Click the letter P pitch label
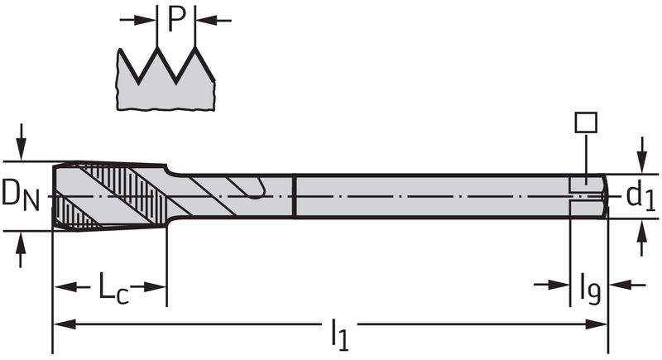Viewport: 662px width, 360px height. (176, 20)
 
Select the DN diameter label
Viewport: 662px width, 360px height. (20, 195)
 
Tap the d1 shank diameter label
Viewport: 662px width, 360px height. (640, 195)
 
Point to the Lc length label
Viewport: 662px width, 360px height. (113, 288)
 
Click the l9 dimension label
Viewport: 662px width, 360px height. (590, 289)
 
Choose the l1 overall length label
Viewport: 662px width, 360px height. (340, 334)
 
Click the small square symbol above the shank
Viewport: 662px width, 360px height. (586, 122)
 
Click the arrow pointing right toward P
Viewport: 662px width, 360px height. (138, 20)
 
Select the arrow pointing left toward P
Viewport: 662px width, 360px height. (213, 20)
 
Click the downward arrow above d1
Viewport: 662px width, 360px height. (642, 155)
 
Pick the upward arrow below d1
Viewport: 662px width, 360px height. (642, 238)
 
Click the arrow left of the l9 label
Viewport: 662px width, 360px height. (552, 285)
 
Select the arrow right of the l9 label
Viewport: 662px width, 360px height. (627, 285)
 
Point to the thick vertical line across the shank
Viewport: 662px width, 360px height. (295, 196)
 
